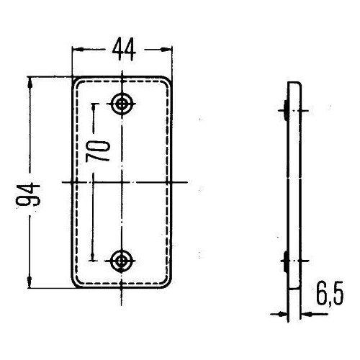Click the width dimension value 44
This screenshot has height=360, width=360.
[x=122, y=50]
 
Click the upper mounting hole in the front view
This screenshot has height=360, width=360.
[x=122, y=104]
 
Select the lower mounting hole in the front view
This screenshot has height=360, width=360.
[x=122, y=259]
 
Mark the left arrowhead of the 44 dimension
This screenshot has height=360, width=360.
[x=77, y=50]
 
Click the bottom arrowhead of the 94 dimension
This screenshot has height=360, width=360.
[x=30, y=284]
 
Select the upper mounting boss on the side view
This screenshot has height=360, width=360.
[x=287, y=110]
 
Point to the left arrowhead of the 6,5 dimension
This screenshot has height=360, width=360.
[x=282, y=313]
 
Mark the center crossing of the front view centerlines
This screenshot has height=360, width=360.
[x=122, y=181]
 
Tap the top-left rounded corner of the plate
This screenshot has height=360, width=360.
[x=75, y=79]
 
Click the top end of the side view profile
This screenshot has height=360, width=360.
[x=293, y=84]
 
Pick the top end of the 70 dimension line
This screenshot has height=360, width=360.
[x=92, y=104]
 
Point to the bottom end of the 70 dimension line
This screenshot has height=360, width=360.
[x=92, y=259]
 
